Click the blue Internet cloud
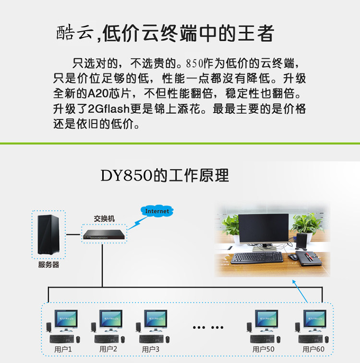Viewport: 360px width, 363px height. (x=157, y=211)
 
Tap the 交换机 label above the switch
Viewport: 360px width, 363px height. (x=104, y=218)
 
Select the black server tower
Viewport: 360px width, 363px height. (x=48, y=234)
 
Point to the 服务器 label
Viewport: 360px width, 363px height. (x=48, y=265)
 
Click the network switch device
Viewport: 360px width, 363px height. (x=104, y=234)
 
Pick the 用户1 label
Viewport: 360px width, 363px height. (x=63, y=349)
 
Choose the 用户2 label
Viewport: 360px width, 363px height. (x=108, y=349)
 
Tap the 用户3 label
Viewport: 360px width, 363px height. (x=151, y=349)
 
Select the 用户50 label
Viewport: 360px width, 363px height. (x=264, y=349)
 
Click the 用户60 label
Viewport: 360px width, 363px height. (x=313, y=349)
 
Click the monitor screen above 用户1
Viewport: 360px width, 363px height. (x=66, y=318)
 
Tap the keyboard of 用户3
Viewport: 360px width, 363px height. (x=152, y=339)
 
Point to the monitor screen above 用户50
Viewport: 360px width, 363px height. (x=266, y=318)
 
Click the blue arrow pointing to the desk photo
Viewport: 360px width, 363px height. (x=300, y=291)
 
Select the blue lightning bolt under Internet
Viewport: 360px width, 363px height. (x=138, y=223)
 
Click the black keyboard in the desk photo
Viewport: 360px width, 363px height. (x=257, y=258)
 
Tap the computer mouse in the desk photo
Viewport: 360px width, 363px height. (x=293, y=257)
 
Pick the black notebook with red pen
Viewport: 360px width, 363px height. (x=309, y=258)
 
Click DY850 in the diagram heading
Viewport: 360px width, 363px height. (x=126, y=175)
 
